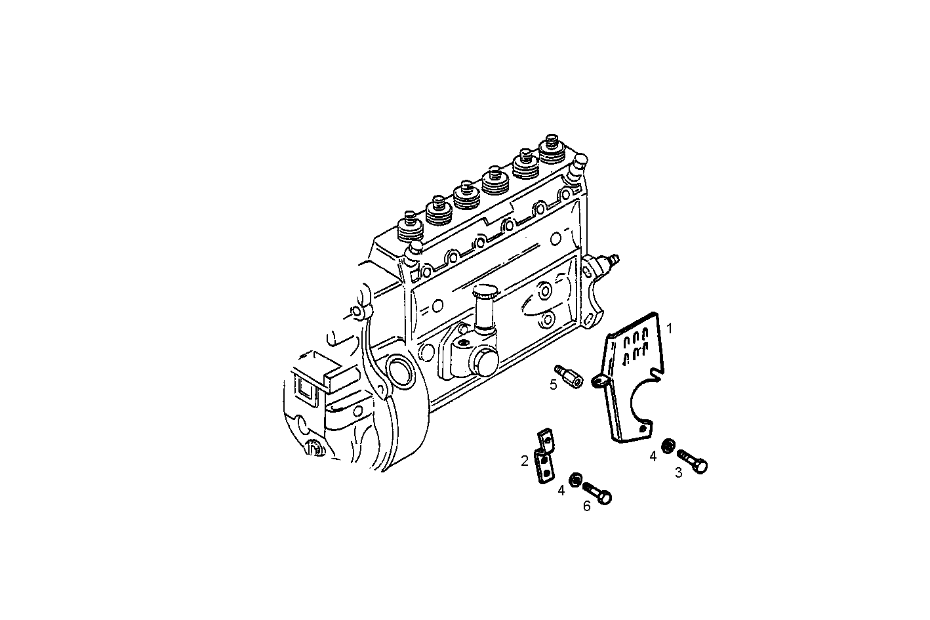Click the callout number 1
[669, 327]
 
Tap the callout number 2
[525, 461]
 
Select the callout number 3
[679, 472]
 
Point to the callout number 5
[554, 384]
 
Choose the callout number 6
[586, 506]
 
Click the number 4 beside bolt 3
[653, 456]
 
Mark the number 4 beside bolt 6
[561, 490]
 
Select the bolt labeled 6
[597, 493]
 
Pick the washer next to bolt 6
[575, 480]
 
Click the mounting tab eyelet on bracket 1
[598, 381]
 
